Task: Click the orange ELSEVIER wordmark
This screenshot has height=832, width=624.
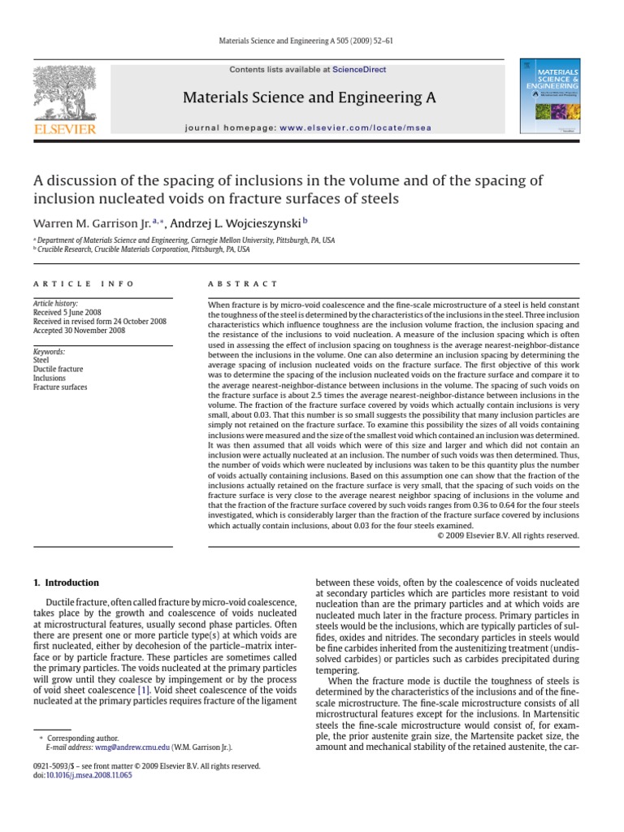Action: coord(64,128)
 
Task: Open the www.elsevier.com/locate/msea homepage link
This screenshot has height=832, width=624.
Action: coord(356,128)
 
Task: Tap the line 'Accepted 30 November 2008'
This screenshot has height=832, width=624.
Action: coord(80,331)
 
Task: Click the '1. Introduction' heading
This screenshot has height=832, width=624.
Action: coord(65,583)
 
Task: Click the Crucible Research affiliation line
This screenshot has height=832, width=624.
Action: coord(143,250)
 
